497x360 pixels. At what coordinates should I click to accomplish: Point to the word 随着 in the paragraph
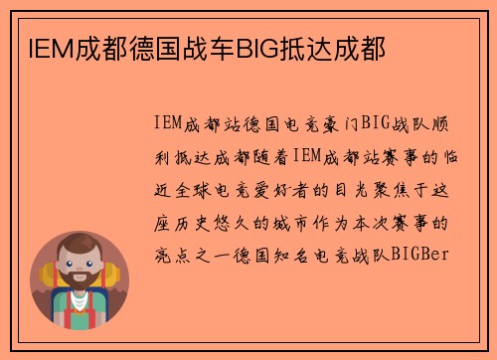[x=267, y=157]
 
